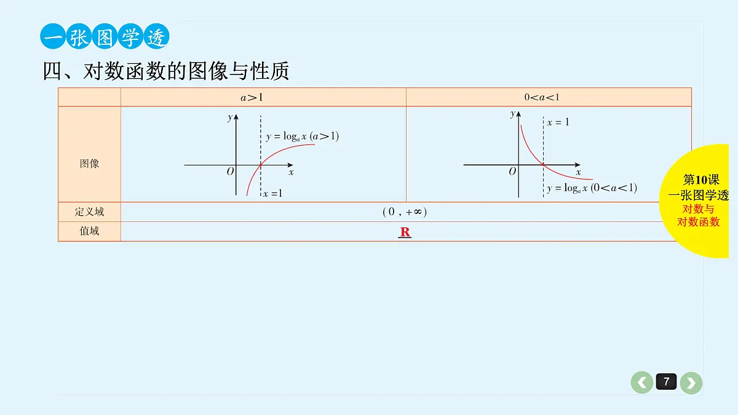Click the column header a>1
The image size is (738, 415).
[252, 98]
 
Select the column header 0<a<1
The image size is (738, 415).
[542, 97]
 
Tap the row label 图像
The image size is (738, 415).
[89, 164]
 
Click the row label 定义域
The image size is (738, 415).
[89, 211]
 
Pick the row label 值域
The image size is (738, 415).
[89, 231]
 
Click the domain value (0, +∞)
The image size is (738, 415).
[405, 211]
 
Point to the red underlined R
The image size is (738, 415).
[405, 232]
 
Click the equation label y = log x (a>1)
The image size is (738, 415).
[302, 136]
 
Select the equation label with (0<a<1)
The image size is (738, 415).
[592, 188]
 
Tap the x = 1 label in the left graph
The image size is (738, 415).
[273, 193]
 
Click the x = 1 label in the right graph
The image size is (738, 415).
[558, 122]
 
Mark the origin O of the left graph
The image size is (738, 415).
[230, 172]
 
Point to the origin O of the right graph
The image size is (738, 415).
[512, 172]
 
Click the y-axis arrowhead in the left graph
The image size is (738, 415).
[236, 117]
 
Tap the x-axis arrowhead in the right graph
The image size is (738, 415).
[577, 165]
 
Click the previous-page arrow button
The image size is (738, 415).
[642, 382]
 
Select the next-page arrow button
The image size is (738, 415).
[691, 382]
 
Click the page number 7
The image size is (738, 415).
[666, 382]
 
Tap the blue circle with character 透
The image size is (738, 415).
[156, 36]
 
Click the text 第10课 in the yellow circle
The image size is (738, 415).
[701, 180]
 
